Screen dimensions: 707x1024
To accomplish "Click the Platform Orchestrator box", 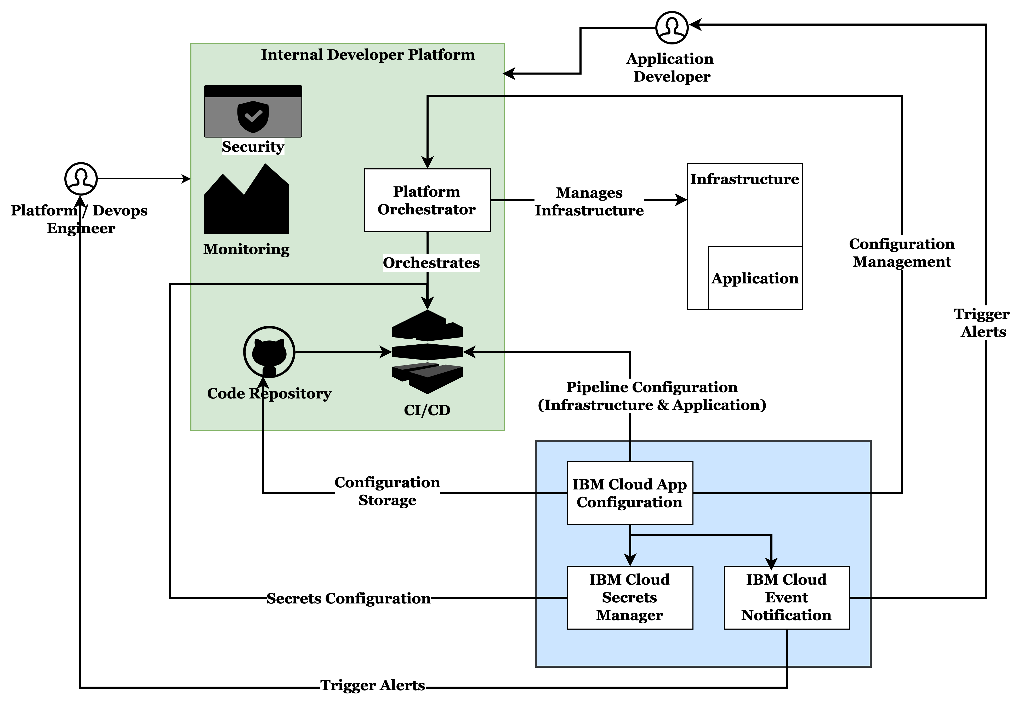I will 427,200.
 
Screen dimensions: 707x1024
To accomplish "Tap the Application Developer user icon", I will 672,27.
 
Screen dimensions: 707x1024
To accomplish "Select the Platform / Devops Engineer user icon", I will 81,179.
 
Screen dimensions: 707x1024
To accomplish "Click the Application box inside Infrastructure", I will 755,278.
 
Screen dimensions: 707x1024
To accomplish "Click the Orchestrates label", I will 431,263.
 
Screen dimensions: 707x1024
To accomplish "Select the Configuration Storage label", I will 387,491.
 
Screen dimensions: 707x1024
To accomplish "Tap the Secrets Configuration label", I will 348,598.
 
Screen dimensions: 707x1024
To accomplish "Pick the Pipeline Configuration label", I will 652,396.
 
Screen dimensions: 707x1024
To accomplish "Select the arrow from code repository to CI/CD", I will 341,352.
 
